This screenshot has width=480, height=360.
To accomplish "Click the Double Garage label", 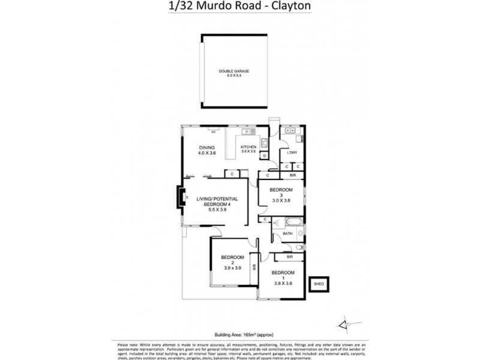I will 234,71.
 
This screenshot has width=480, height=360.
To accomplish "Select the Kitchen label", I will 248,147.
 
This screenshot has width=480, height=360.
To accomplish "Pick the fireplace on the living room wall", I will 180,196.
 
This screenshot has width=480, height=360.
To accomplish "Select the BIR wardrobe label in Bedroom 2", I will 254,267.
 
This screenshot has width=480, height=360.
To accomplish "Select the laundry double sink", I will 290,130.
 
